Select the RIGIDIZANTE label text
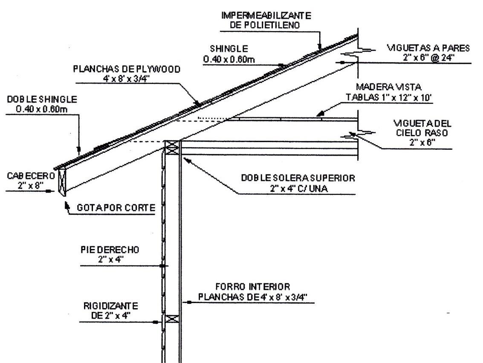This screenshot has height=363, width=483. point(113,306)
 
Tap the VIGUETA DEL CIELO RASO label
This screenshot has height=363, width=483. point(422,123)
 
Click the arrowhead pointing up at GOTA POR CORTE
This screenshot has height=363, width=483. point(66,204)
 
